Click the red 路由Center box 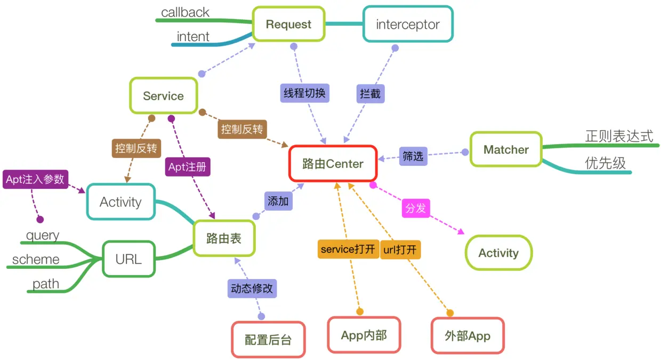click(x=333, y=164)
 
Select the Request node click(x=288, y=24)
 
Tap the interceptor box click(x=408, y=24)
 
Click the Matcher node click(x=506, y=150)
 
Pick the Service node click(x=163, y=96)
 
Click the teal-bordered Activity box click(x=121, y=202)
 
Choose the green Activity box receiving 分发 click(x=498, y=253)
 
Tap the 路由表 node click(x=224, y=238)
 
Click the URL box click(x=128, y=259)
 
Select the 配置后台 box click(x=268, y=340)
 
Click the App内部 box click(x=364, y=335)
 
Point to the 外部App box click(x=467, y=336)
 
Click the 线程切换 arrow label click(x=305, y=93)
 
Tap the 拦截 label click(x=370, y=94)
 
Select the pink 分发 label click(x=416, y=208)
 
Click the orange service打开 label click(x=348, y=249)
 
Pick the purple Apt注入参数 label click(x=35, y=179)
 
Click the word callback click(x=185, y=12)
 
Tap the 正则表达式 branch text click(x=619, y=136)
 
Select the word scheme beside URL click(x=36, y=260)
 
